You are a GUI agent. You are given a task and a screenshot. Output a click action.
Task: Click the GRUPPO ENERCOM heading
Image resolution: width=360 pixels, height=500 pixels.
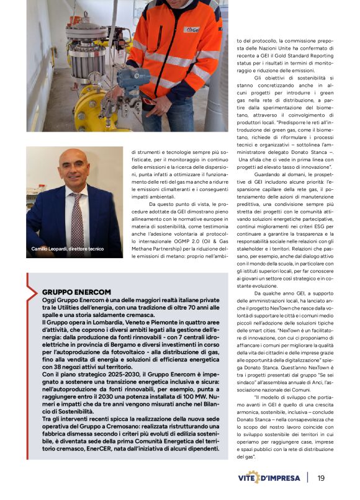[x=76, y=292]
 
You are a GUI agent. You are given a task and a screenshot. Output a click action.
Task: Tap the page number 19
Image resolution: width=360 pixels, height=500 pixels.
[x=321, y=478]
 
